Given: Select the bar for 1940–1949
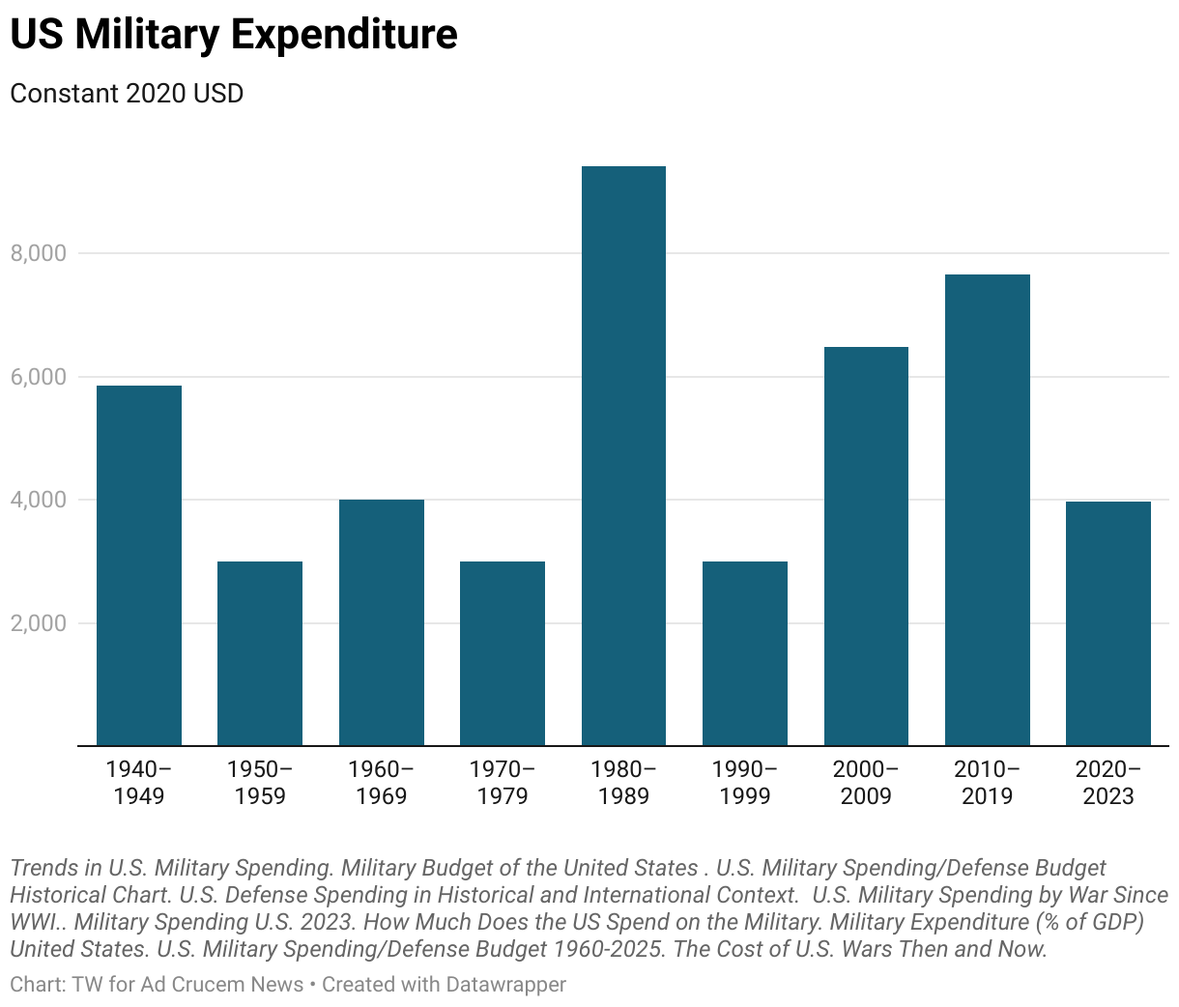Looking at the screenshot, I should point(139,565).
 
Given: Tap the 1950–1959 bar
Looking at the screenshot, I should point(260,653).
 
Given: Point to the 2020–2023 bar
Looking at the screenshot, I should point(1107,623).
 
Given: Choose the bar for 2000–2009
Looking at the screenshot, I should point(866,546).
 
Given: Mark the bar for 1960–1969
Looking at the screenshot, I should point(381,622).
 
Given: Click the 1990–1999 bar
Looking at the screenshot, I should point(745,653).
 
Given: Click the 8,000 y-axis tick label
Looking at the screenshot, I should point(39,253).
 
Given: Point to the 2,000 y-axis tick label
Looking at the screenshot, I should point(39,623).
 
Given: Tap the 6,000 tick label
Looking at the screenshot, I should point(39,377).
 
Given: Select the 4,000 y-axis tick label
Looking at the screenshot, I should point(39,500).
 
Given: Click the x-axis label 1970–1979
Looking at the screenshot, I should point(503,783).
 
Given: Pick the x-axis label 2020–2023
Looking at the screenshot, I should point(1107,783).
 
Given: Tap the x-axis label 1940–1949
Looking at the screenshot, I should point(139,783).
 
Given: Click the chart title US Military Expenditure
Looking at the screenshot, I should point(234,35).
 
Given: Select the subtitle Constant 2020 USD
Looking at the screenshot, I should point(127,94).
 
